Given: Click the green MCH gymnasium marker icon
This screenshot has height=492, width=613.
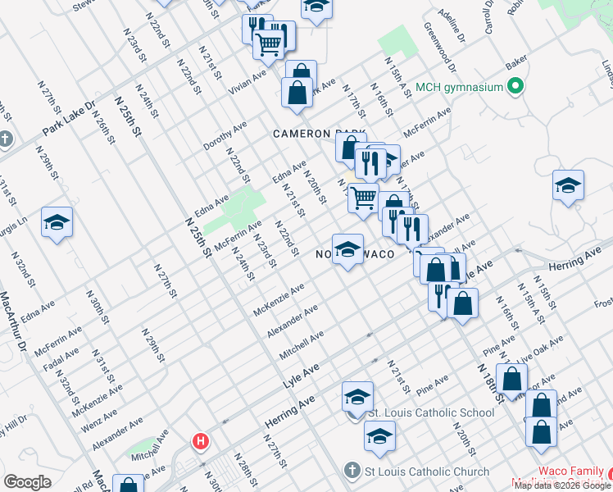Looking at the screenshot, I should tap(515, 86).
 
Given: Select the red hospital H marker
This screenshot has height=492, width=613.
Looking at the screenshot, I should tap(200, 442).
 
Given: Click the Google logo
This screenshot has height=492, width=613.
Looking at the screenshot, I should tap(27, 482).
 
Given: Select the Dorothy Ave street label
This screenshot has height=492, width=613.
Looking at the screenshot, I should tap(225, 136).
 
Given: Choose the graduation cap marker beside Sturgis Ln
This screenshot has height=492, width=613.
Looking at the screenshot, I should tap(57, 223).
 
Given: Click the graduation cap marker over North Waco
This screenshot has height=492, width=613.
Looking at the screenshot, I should tap(347, 250).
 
